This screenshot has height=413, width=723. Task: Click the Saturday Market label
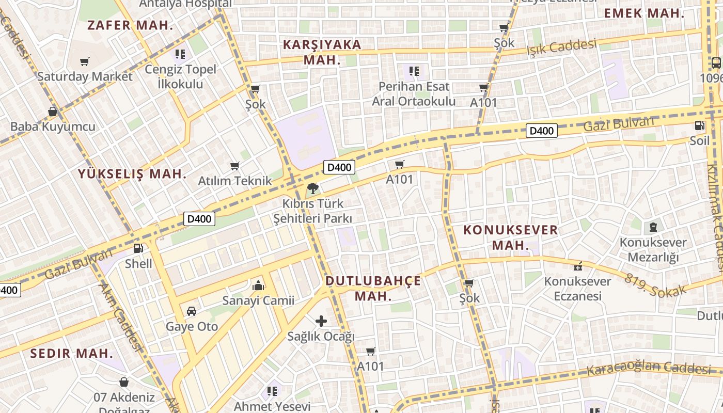point(85,76)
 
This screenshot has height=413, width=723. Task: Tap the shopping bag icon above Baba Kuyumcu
point(53,111)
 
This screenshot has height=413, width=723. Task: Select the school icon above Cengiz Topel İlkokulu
point(180,54)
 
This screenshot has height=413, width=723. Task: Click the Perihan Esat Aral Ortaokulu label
point(414,94)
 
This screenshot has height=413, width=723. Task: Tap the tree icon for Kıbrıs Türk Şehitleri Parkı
point(312,188)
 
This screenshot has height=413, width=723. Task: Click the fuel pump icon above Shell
point(138,248)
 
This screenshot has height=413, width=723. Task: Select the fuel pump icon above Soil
point(699,125)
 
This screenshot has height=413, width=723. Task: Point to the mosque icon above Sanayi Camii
point(258,285)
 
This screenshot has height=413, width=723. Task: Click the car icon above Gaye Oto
point(192,311)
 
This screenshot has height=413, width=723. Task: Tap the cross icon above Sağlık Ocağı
point(321,321)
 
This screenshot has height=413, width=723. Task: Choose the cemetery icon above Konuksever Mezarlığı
point(653,227)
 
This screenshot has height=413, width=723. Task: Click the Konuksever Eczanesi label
point(577,289)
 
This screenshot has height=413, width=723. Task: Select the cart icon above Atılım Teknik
point(235,166)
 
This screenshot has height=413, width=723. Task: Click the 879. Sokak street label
point(656,285)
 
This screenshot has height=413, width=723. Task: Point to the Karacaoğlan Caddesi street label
point(649,369)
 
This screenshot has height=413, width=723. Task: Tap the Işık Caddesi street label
point(561,47)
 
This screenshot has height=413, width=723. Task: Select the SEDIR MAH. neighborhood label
point(71,354)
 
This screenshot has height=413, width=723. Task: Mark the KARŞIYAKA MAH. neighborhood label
point(322,52)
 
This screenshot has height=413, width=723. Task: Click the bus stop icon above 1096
point(716,63)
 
